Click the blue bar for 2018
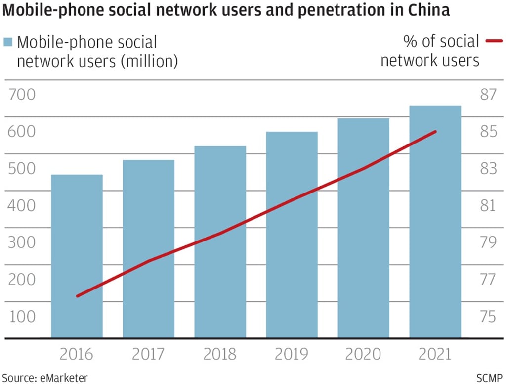click(220, 242)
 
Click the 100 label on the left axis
click(22, 316)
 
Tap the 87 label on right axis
click(488, 94)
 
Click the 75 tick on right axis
click(488, 316)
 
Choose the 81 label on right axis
click(488, 205)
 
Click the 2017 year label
click(148, 354)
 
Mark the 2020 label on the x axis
click(363, 354)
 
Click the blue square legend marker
click(7, 42)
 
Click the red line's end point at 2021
click(435, 132)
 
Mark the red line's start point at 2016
click(77, 296)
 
